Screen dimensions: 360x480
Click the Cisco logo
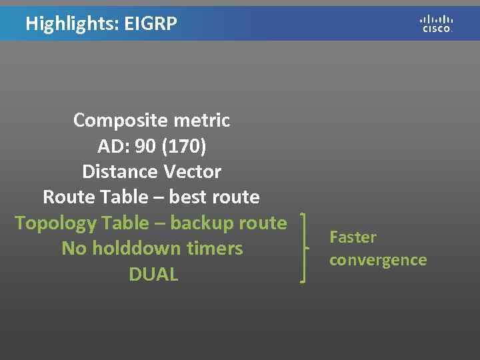point(437,23)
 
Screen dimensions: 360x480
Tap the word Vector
point(190,171)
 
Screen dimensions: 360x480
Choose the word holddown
point(132,249)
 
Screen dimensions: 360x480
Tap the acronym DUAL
point(153,274)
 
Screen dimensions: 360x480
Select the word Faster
point(353,237)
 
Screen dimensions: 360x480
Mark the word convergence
point(377,260)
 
